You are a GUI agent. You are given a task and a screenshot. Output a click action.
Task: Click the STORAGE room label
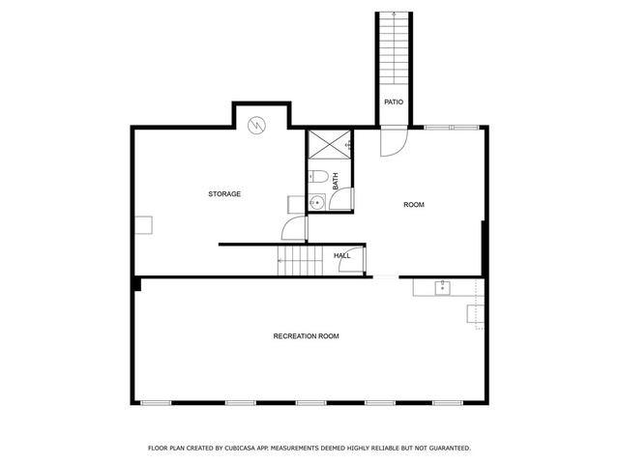click(x=224, y=193)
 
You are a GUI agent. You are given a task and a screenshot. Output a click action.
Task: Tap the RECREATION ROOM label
click(x=306, y=336)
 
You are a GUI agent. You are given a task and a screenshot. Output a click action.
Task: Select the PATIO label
click(x=394, y=102)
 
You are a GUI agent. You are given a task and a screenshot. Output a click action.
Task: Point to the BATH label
click(x=336, y=181)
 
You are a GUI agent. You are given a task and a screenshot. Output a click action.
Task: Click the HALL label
click(x=341, y=255)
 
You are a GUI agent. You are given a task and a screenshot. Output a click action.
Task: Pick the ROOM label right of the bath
click(x=414, y=204)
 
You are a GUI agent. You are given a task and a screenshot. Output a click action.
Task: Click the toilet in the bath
click(x=318, y=176)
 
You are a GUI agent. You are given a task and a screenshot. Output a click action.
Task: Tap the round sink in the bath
click(x=316, y=203)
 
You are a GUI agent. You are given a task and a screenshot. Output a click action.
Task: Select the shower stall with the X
click(x=329, y=144)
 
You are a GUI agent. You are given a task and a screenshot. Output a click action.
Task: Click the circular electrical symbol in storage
click(x=256, y=126)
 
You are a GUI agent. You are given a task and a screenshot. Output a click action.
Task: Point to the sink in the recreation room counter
click(x=443, y=288)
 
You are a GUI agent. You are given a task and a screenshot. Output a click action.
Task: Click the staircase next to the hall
click(x=301, y=261)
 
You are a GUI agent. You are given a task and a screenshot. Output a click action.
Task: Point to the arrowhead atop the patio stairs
click(x=394, y=14)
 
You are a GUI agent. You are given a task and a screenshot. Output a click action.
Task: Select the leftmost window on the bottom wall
click(x=156, y=403)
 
